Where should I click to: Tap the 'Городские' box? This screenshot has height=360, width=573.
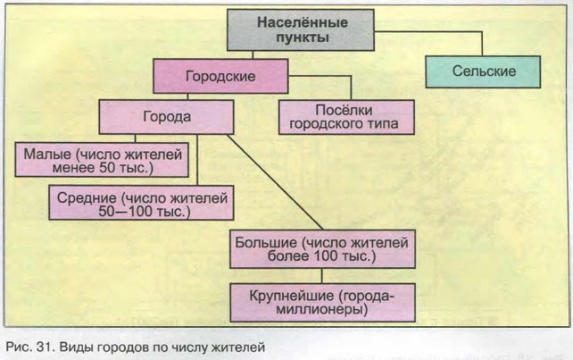coord(220,77)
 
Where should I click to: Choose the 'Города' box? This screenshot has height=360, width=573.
coord(168,116)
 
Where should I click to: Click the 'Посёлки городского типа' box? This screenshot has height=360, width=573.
coord(347,116)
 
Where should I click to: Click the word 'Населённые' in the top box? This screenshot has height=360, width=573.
coord(303,23)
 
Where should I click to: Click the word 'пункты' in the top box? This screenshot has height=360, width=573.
coord(303,39)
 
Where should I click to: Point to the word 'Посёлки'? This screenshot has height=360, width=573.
coord(347,108)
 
